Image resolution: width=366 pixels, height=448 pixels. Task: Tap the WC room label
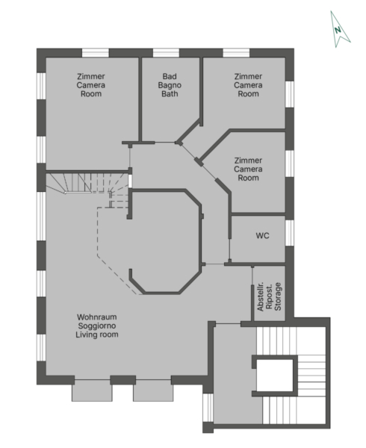point(262,236)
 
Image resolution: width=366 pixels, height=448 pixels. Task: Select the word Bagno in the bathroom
point(170,85)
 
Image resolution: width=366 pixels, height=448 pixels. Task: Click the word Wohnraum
point(97,317)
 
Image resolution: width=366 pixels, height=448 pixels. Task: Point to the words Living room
point(97,335)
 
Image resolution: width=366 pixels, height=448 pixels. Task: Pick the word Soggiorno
point(97,326)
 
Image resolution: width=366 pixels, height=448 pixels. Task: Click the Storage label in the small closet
point(278,296)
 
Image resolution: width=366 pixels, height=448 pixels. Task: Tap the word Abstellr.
point(260,296)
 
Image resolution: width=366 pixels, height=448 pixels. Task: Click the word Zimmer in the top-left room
point(91,77)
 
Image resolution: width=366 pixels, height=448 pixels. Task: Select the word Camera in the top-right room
point(248,85)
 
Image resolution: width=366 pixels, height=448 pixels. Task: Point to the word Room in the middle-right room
point(248,178)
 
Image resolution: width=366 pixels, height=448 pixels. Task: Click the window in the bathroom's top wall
point(166,53)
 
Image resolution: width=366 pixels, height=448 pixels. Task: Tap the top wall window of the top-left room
point(96,53)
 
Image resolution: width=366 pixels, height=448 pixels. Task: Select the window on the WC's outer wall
point(289,233)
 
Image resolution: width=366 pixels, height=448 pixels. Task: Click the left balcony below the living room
point(92,391)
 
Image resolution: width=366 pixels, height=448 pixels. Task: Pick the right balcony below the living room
point(153,391)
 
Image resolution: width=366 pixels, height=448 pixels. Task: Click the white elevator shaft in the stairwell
point(275,376)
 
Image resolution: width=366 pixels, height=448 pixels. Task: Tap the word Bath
point(170,94)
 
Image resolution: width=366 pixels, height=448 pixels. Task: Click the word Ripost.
point(269,296)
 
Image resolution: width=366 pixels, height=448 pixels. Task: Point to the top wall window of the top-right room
point(236,53)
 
